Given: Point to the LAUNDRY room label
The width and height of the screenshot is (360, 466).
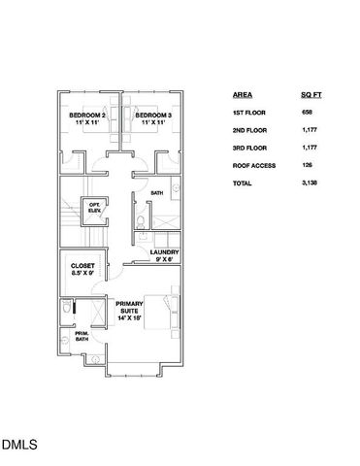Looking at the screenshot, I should click(x=163, y=252).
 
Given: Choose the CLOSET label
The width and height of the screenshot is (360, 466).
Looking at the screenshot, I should click(x=82, y=265).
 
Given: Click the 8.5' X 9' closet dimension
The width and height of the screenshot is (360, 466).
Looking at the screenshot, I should click(x=82, y=274).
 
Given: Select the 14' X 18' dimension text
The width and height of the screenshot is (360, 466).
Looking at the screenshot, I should click(x=129, y=317).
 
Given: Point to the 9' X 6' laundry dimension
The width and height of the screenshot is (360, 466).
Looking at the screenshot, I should click(x=163, y=259).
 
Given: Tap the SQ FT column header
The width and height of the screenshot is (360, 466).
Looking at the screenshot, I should click(x=311, y=96).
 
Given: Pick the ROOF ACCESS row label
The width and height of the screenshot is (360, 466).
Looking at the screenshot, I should click(x=254, y=165).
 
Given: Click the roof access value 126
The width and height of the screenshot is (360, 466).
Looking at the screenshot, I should click(x=307, y=165).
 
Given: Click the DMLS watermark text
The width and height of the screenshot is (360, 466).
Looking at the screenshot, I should click(x=18, y=446).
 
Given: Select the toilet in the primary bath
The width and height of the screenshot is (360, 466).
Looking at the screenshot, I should click(x=65, y=309).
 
